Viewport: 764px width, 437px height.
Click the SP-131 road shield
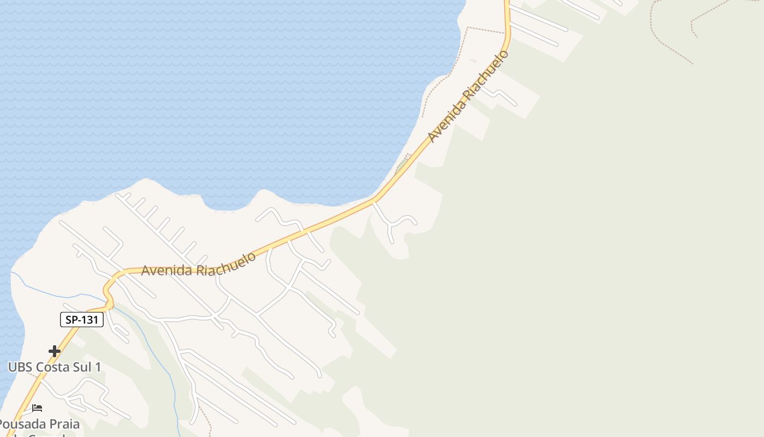tap(81, 320)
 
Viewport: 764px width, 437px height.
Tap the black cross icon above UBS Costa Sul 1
tap(55, 351)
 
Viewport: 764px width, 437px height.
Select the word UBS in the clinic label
tap(21, 367)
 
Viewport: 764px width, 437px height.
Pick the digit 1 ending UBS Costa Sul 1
tap(98, 367)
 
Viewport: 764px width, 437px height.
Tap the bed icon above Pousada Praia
tap(37, 408)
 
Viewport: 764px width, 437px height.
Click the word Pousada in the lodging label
tap(22, 424)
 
